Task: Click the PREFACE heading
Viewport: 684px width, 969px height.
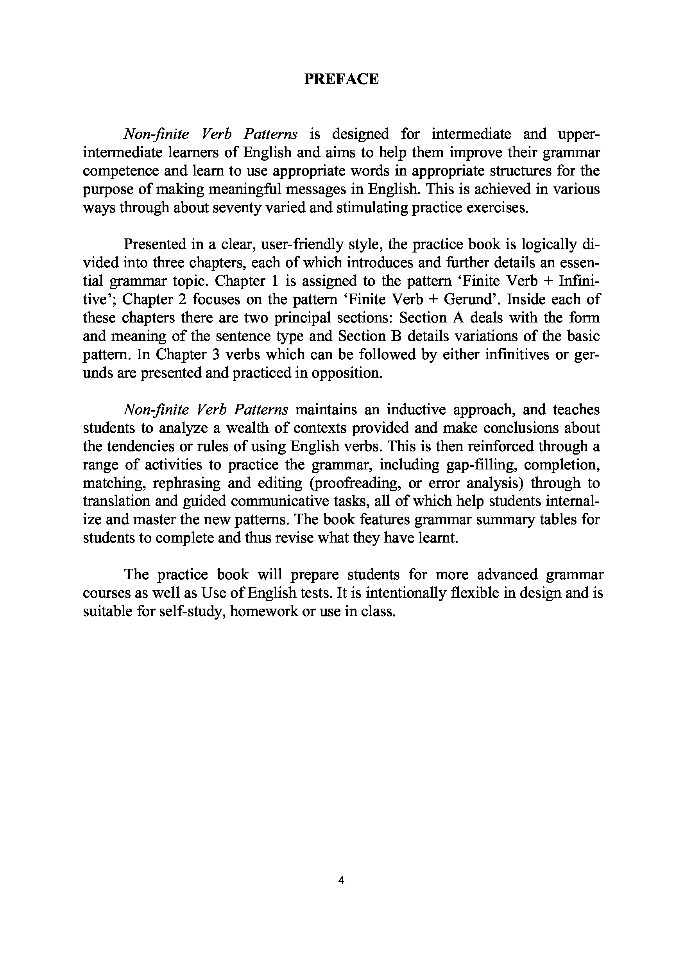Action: click(341, 79)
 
